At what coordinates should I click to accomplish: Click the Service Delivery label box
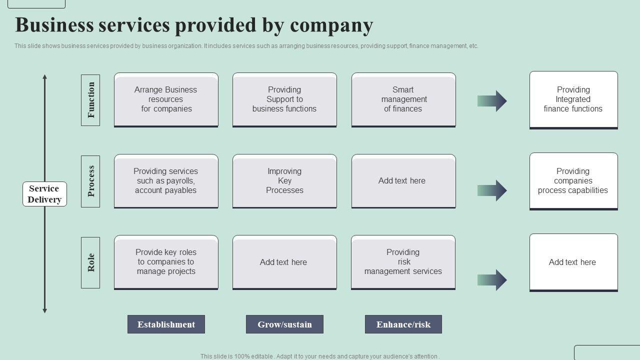pyautogui.click(x=44, y=194)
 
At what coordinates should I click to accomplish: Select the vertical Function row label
pyautogui.click(x=90, y=100)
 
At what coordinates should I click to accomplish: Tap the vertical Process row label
pyautogui.click(x=90, y=181)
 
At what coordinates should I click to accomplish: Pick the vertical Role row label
pyautogui.click(x=90, y=262)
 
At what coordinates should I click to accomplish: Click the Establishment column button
pyautogui.click(x=166, y=324)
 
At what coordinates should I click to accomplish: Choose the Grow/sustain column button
pyautogui.click(x=284, y=324)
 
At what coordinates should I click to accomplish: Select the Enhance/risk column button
pyautogui.click(x=403, y=324)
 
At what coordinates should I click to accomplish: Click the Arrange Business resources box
pyautogui.click(x=166, y=99)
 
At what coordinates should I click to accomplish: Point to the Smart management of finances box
pyautogui.click(x=403, y=99)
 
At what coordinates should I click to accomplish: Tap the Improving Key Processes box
pyautogui.click(x=284, y=181)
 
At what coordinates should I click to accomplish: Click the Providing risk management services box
pyautogui.click(x=403, y=262)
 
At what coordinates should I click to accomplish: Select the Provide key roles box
pyautogui.click(x=166, y=262)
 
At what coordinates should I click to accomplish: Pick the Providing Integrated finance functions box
pyautogui.click(x=573, y=99)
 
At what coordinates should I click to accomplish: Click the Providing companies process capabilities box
pyautogui.click(x=573, y=181)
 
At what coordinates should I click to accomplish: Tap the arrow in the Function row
pyautogui.click(x=492, y=101)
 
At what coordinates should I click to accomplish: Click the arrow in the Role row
pyautogui.click(x=492, y=280)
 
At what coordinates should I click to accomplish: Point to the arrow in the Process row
pyautogui.click(x=492, y=190)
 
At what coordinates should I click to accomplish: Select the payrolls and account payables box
pyautogui.click(x=166, y=181)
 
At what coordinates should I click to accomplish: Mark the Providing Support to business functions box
pyautogui.click(x=284, y=99)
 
